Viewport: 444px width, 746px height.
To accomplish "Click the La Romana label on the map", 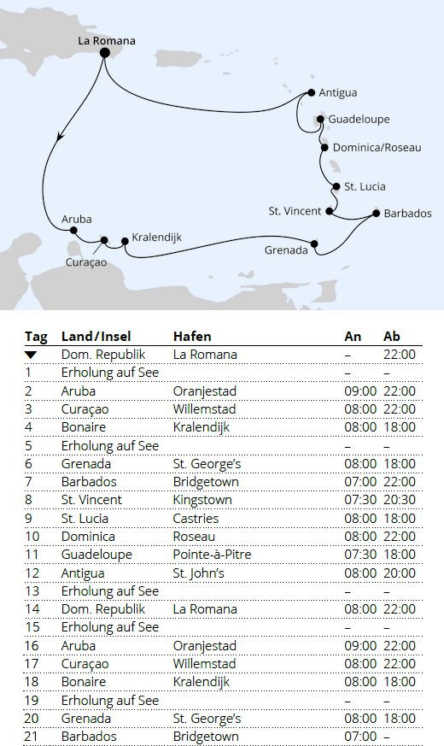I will tap(106, 39).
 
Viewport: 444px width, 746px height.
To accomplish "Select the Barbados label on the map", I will tap(407, 214).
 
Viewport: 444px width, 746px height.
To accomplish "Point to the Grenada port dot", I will tap(314, 244).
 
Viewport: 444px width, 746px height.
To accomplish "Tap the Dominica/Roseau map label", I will tap(377, 148).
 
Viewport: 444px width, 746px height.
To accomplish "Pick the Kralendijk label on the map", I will tap(156, 238).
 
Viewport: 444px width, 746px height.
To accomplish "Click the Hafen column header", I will tap(192, 336).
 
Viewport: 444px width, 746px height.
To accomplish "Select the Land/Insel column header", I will tap(96, 336).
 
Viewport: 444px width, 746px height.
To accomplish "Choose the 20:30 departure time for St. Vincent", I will tap(399, 499).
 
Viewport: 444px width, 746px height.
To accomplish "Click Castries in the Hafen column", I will tap(196, 518).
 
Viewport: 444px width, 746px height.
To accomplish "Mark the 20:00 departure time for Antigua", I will tap(399, 573).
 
